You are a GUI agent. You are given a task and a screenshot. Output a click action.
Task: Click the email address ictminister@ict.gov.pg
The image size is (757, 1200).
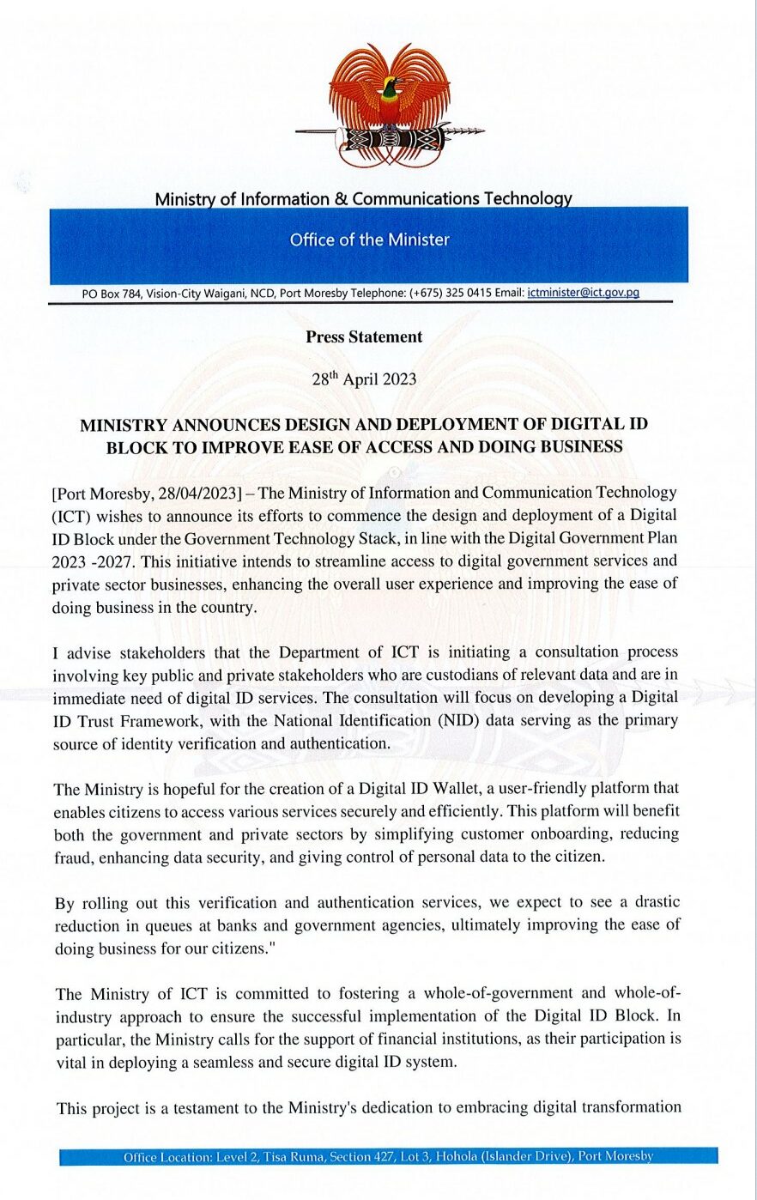click(x=583, y=293)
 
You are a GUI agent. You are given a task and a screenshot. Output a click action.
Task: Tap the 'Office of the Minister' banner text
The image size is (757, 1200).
click(x=369, y=240)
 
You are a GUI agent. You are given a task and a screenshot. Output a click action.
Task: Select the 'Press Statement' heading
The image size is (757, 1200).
click(x=364, y=337)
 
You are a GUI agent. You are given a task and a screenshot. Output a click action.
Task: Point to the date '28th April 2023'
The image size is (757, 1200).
click(x=364, y=379)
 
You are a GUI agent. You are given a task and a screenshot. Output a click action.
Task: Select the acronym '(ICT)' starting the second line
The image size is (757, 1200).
click(x=71, y=517)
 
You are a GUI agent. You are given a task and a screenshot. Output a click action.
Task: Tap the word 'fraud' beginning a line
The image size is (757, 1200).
click(x=72, y=857)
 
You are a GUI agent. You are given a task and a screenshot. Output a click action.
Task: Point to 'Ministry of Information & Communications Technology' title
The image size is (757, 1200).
click(x=363, y=199)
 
